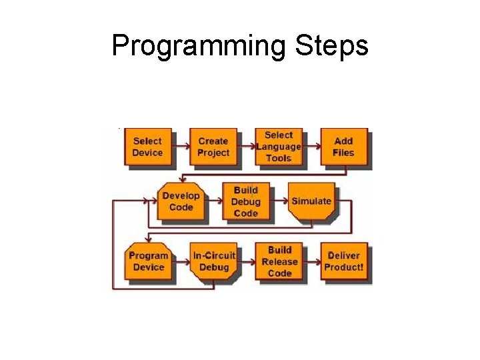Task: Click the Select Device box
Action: [x=147, y=147]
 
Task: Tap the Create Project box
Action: [x=213, y=147]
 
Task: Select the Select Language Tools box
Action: [x=279, y=147]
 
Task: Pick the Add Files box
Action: [x=343, y=147]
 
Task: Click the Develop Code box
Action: [x=181, y=201]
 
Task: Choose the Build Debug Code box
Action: [x=245, y=201]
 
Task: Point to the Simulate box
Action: [x=311, y=201]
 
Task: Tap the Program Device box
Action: [x=148, y=261]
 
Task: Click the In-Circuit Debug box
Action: [x=213, y=261]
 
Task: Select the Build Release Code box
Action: [x=279, y=261]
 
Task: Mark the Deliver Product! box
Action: [x=344, y=261]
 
